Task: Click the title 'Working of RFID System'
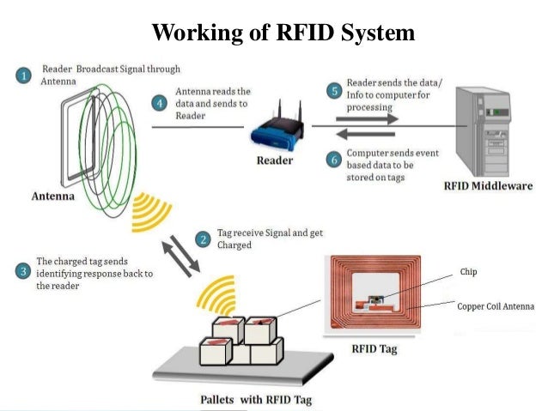[x=283, y=33]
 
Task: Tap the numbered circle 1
[x=25, y=75]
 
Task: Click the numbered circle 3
[x=23, y=268]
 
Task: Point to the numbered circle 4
[x=159, y=102]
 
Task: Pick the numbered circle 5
[x=334, y=89]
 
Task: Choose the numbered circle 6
[x=334, y=159]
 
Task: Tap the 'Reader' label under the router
[x=274, y=160]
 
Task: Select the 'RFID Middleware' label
[x=487, y=185]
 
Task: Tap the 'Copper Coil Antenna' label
[x=496, y=305]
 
